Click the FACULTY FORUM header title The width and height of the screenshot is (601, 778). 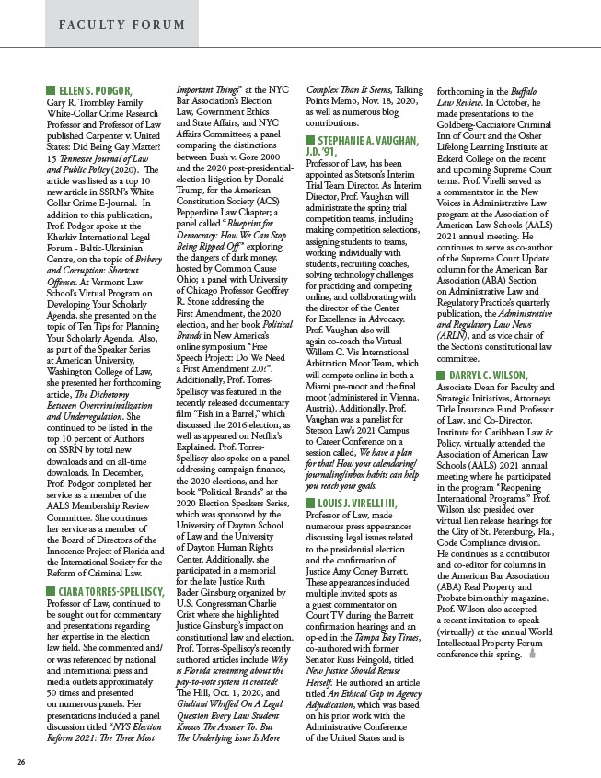(105, 23)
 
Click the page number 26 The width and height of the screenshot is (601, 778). (20, 761)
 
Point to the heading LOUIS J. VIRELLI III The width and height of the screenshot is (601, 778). (369, 505)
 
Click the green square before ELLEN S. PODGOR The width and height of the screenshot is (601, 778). (50, 90)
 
